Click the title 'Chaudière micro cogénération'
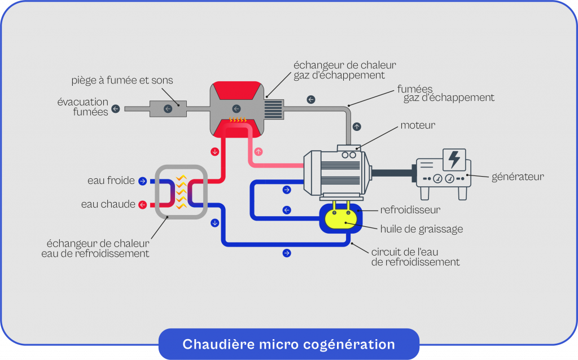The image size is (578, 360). [288, 344]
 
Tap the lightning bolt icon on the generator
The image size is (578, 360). [454, 159]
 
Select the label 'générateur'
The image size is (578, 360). [517, 177]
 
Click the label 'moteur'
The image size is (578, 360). [418, 125]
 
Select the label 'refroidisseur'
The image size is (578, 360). [410, 210]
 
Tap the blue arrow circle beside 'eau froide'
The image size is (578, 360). [142, 181]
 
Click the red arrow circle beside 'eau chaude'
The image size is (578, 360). [142, 205]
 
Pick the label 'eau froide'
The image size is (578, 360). [111, 181]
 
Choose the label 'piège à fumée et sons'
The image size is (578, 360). [122, 81]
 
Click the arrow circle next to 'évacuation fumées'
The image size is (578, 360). [116, 108]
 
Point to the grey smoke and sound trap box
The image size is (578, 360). [168, 108]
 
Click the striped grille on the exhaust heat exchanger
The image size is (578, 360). [273, 108]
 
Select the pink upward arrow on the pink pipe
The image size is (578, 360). [259, 152]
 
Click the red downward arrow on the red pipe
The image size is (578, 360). [214, 152]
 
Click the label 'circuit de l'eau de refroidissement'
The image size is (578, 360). [415, 257]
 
